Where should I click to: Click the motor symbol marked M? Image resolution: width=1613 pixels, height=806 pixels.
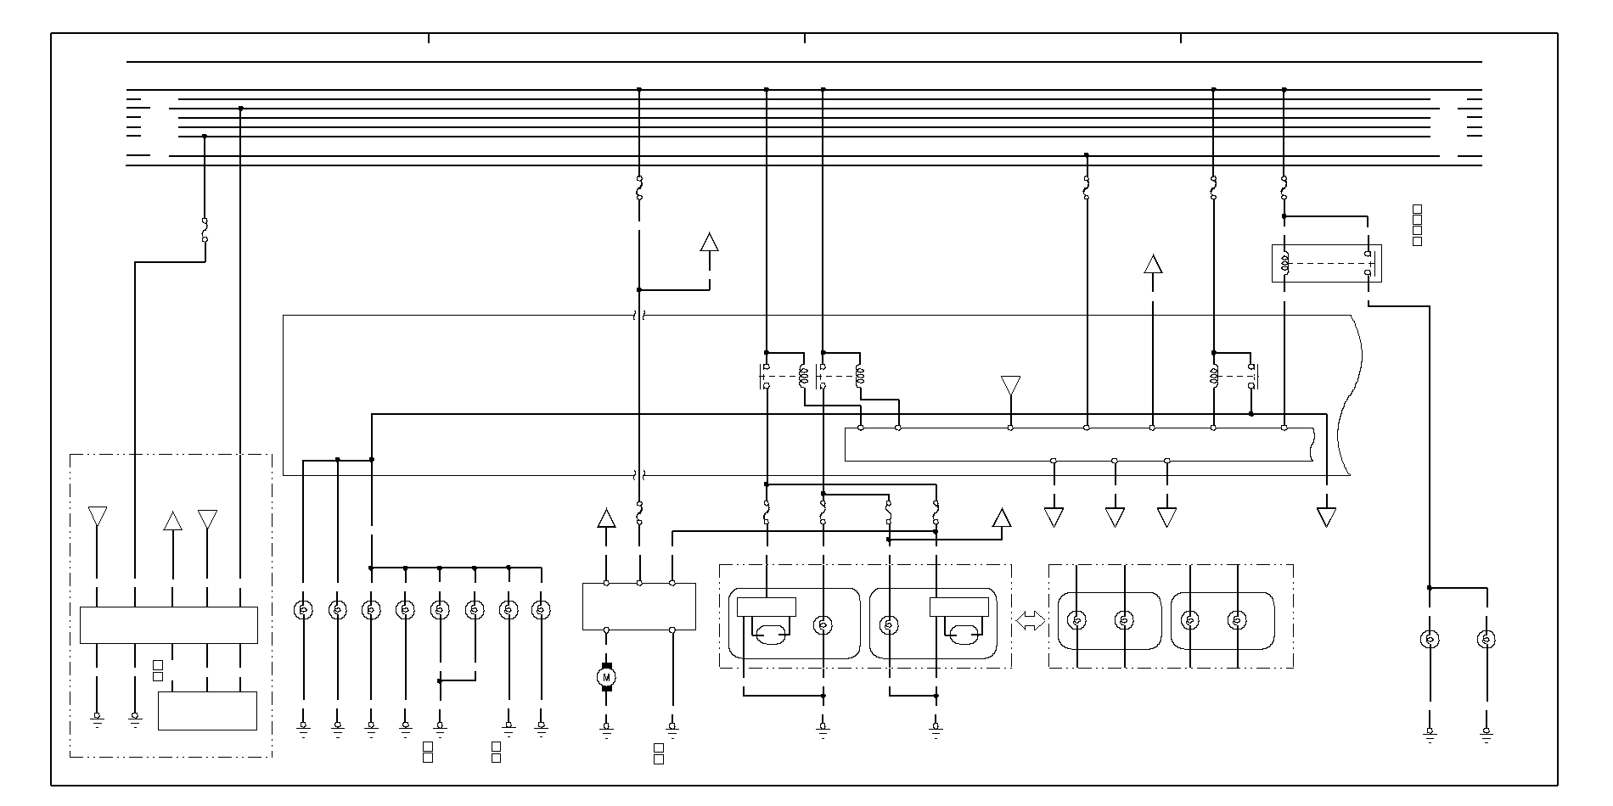pos(606,676)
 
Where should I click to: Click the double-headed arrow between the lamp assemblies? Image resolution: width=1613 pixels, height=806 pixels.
pos(1030,621)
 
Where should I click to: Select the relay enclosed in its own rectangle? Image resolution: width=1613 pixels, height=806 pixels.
pos(1326,263)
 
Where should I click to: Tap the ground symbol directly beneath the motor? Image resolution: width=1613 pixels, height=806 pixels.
pos(606,727)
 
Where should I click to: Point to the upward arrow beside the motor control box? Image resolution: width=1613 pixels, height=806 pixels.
pos(606,518)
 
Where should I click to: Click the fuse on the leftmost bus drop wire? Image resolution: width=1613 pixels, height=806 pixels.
pos(205,230)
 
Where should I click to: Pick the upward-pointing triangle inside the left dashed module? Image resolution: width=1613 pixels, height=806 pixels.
pos(172,520)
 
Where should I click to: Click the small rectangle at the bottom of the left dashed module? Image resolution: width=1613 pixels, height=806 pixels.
pos(207,711)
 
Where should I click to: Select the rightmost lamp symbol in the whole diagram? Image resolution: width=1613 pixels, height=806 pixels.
pos(1486,639)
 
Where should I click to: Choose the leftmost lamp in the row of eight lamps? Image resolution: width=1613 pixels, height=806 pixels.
pos(303,609)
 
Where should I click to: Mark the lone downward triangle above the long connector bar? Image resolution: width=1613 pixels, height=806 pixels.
pos(1010,386)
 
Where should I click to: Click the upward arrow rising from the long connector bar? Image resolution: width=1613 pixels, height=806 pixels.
pos(1152,264)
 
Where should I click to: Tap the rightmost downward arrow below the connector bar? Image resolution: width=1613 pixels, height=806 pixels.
pos(1326,517)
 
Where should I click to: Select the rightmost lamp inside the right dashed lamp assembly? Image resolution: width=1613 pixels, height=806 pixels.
pos(1237,620)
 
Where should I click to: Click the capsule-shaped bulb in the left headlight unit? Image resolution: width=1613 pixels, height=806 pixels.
pos(768,633)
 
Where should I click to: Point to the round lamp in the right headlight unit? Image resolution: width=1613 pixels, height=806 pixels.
pos(889,625)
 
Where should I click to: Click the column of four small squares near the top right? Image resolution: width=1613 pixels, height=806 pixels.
pos(1417,226)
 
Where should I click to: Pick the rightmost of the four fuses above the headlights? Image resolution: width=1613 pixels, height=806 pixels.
pos(936,512)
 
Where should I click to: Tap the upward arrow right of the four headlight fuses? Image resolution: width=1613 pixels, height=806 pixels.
pos(1002,518)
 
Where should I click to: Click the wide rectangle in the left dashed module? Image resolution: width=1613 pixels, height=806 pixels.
pos(168,625)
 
